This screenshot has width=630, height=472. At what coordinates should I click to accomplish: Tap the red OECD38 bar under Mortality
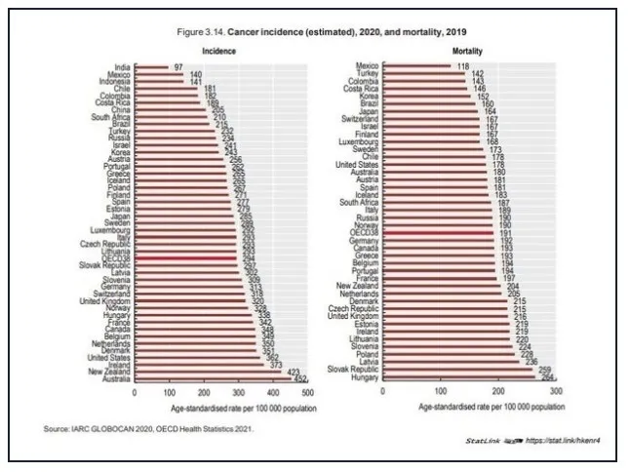[438, 234]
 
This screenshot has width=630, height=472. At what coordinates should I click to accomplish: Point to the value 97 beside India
[179, 67]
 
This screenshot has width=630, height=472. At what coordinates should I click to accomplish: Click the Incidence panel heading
[218, 50]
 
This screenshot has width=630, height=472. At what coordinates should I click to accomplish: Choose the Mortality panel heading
[470, 50]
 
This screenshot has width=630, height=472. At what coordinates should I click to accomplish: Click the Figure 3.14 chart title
[314, 32]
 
